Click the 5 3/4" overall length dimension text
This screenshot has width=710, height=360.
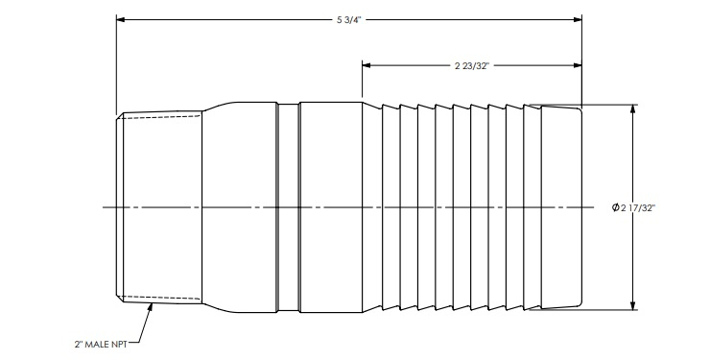tap(349, 20)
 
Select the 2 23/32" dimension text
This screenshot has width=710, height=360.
tap(472, 66)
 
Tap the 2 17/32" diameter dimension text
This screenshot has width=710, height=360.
tap(638, 208)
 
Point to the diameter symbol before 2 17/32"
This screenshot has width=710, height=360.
tap(615, 207)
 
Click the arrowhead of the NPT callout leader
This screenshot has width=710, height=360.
tap(151, 307)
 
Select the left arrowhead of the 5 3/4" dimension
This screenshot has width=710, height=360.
tap(121, 20)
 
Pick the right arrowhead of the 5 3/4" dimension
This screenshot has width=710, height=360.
tap(578, 20)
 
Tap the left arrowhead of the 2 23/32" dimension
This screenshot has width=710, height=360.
tap(367, 65)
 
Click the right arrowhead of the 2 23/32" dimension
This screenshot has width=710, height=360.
tap(578, 65)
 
